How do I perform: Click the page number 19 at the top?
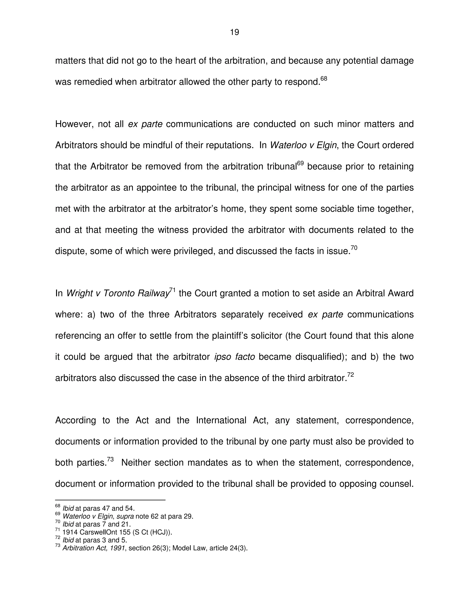click(x=234, y=33)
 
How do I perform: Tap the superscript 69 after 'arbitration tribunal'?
click(x=300, y=163)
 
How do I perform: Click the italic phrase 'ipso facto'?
click(x=234, y=357)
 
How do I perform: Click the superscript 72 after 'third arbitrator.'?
click(x=350, y=375)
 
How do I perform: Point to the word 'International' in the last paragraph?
click(x=221, y=420)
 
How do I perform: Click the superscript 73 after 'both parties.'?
click(x=110, y=459)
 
